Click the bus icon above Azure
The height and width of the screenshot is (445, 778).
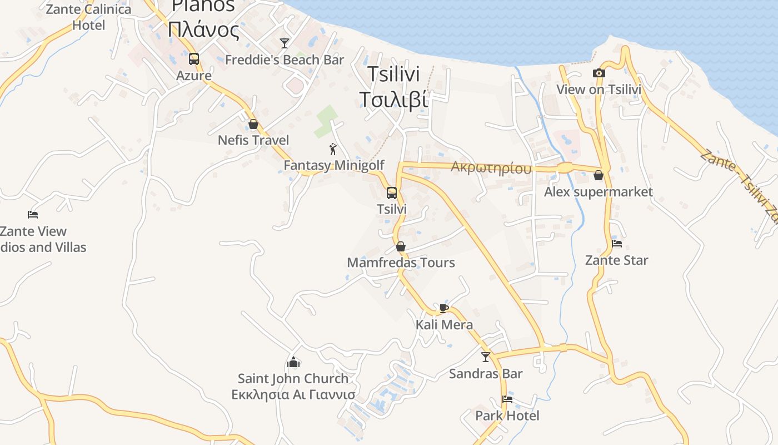tap(194, 58)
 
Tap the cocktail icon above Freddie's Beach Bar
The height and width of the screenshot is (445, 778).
tap(285, 43)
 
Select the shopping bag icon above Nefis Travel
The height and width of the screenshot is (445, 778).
tap(253, 124)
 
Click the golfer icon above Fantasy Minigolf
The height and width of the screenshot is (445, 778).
tap(333, 149)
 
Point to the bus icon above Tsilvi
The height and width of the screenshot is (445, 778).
tap(392, 193)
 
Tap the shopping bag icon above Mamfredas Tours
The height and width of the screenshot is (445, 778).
tap(401, 246)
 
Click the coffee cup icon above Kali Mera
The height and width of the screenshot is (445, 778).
tap(443, 308)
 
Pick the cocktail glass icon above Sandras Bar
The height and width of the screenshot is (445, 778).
tap(486, 357)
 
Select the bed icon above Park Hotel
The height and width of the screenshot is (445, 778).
tap(507, 399)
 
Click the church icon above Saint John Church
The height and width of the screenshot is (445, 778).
tap(293, 363)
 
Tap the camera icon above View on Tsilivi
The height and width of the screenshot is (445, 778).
tap(599, 73)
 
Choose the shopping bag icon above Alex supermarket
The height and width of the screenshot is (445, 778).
tap(599, 176)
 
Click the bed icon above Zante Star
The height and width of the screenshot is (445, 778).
tap(617, 243)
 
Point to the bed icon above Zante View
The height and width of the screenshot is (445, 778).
tap(33, 215)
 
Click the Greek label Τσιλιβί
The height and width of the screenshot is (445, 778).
tap(393, 99)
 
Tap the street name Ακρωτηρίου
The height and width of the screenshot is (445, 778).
tap(491, 168)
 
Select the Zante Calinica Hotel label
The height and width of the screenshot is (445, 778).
tap(89, 17)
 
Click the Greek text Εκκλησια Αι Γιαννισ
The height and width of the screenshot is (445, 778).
tap(293, 395)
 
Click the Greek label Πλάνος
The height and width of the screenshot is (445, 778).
tap(204, 29)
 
